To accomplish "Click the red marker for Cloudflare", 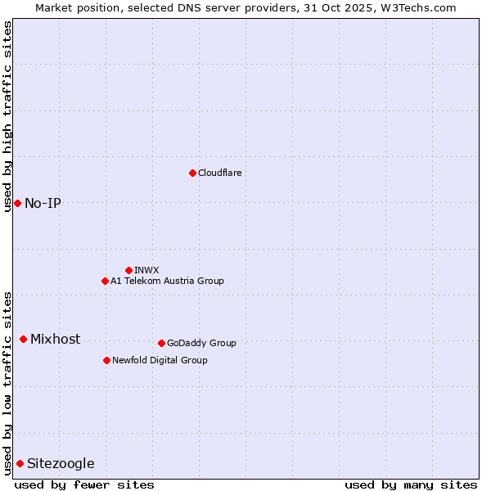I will (x=192, y=173).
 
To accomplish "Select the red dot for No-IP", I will (x=17, y=203).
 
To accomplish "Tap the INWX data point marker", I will (x=128, y=270).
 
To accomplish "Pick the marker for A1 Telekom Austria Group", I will (x=105, y=281).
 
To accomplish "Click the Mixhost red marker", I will (x=23, y=339).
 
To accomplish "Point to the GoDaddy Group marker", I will (x=161, y=343).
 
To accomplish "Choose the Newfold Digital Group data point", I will (x=106, y=360).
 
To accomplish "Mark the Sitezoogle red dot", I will (x=20, y=463).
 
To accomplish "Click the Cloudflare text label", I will (x=219, y=173).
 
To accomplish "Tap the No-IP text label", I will (x=43, y=203).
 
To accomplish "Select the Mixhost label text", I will (x=55, y=339).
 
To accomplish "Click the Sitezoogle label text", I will (x=61, y=463).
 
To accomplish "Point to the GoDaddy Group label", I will (x=201, y=343).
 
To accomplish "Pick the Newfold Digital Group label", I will (x=160, y=360).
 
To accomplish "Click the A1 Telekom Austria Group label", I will (x=167, y=281).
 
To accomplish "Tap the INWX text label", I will (x=146, y=270).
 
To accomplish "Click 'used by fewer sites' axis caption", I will (x=84, y=484).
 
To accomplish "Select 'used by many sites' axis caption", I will (x=411, y=484).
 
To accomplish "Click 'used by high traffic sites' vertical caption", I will (x=7, y=116).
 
